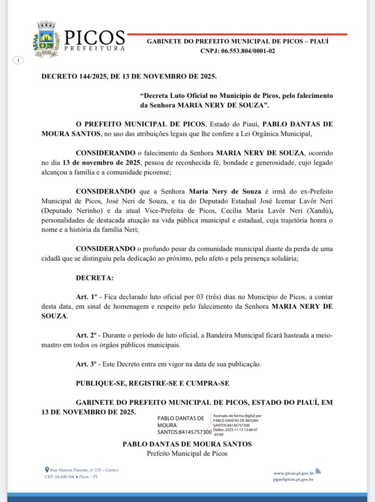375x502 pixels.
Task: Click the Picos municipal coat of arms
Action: (x=46, y=39)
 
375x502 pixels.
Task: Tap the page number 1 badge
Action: (x=18, y=60)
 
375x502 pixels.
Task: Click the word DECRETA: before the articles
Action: (x=95, y=278)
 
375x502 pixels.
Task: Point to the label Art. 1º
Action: (x=86, y=298)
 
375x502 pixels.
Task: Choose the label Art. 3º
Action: (x=86, y=364)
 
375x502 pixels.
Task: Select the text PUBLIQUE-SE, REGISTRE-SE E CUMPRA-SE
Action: (x=152, y=383)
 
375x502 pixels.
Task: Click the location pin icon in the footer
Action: (x=47, y=470)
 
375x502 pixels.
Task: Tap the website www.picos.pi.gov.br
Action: (x=294, y=473)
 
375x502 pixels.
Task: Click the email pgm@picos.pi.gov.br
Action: (x=294, y=479)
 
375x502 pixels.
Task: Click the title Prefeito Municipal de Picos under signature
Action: (x=187, y=453)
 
